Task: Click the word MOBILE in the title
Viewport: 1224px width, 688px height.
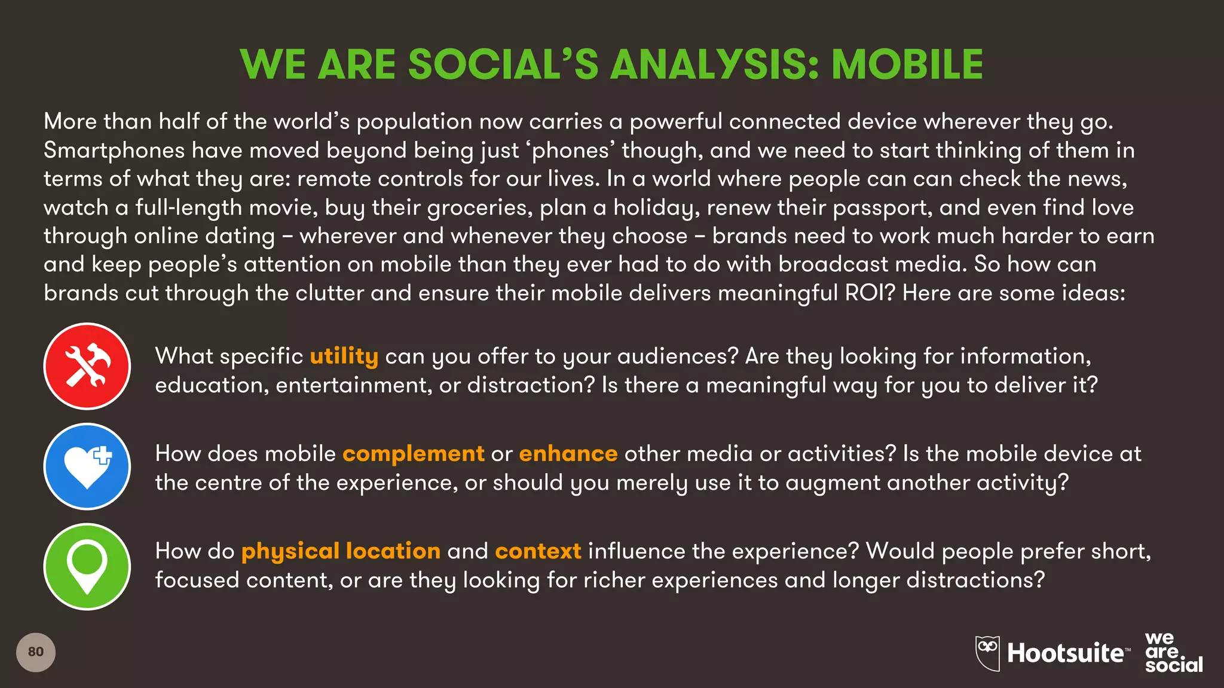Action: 907,64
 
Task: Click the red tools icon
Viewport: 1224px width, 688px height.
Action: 87,366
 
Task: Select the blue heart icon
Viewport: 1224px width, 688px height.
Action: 87,466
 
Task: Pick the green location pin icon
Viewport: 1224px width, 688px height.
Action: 87,566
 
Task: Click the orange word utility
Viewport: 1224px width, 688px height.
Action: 344,356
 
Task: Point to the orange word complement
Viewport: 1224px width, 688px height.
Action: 413,454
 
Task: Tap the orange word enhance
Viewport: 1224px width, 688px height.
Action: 568,454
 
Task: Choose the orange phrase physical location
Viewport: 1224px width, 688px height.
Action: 341,551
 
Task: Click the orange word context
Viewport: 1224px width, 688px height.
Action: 538,551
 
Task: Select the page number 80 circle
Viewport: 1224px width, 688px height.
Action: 36,652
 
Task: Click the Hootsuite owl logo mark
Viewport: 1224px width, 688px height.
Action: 987,653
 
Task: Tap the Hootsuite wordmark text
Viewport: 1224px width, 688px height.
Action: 1065,653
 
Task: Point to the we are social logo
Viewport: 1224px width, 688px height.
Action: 1173,653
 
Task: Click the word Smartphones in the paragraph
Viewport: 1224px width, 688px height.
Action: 114,150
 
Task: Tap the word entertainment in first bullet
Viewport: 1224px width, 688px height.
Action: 353,385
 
